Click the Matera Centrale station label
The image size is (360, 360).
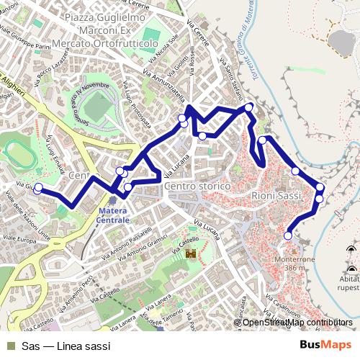point(114,214)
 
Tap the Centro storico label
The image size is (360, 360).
point(197,186)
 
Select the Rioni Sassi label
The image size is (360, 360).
point(276,195)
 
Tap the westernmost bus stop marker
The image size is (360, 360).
point(37,189)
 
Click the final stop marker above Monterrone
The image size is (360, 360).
point(288,235)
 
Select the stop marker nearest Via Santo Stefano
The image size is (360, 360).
point(249,107)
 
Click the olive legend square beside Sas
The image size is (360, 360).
point(9,346)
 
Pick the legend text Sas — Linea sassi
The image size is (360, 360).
point(66,346)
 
